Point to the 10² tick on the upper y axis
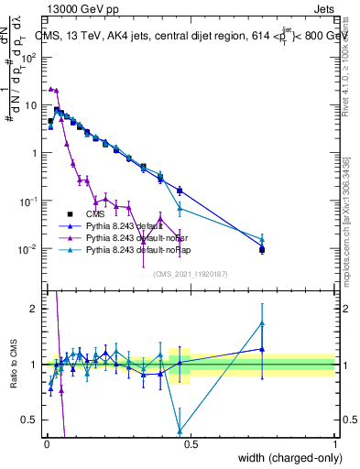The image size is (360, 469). click(33, 57)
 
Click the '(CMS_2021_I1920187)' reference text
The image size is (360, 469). click(191, 273)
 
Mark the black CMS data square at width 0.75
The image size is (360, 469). click(262, 249)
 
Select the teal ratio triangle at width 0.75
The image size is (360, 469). click(262, 322)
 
